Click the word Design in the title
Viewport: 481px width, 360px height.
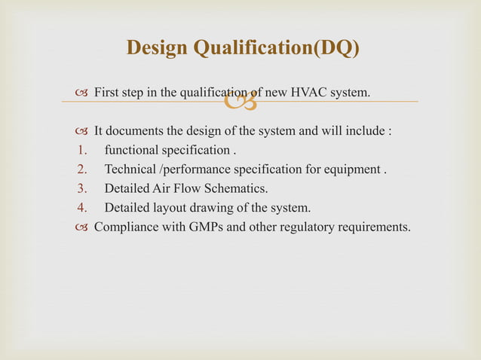click(158, 48)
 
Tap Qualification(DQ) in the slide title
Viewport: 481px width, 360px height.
click(277, 48)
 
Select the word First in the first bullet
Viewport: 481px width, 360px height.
click(106, 93)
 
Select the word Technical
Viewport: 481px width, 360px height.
click(130, 168)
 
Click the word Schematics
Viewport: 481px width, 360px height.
click(230, 188)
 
